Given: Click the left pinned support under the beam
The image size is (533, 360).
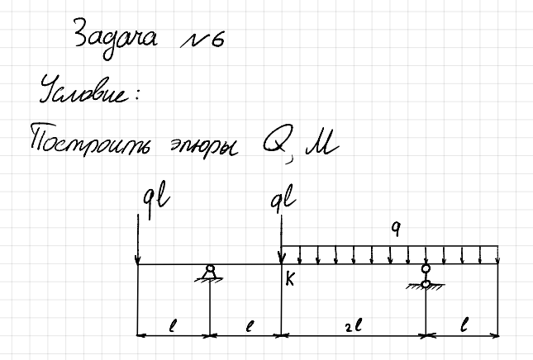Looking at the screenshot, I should pos(210,274).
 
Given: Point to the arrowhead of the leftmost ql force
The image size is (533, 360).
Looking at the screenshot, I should pos(138,260).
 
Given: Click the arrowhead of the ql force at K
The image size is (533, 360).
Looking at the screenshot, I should pos(281,258).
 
